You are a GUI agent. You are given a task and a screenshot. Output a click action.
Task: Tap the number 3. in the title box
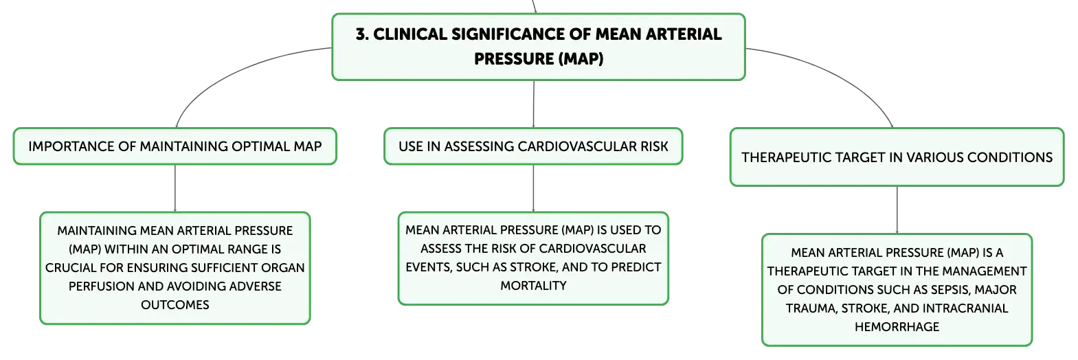tap(362, 34)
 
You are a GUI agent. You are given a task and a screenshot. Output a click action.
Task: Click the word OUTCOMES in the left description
tap(175, 304)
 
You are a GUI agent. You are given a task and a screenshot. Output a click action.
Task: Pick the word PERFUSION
tap(102, 286)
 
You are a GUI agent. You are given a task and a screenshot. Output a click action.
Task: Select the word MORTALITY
tap(533, 285)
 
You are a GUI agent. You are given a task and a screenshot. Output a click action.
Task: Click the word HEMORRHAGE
tap(897, 327)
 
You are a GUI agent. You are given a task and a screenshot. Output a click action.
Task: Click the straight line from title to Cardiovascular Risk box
tap(534, 104)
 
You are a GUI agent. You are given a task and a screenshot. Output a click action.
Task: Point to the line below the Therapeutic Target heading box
tap(897, 210)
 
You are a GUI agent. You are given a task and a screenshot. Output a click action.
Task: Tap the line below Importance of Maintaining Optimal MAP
tap(175, 188)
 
